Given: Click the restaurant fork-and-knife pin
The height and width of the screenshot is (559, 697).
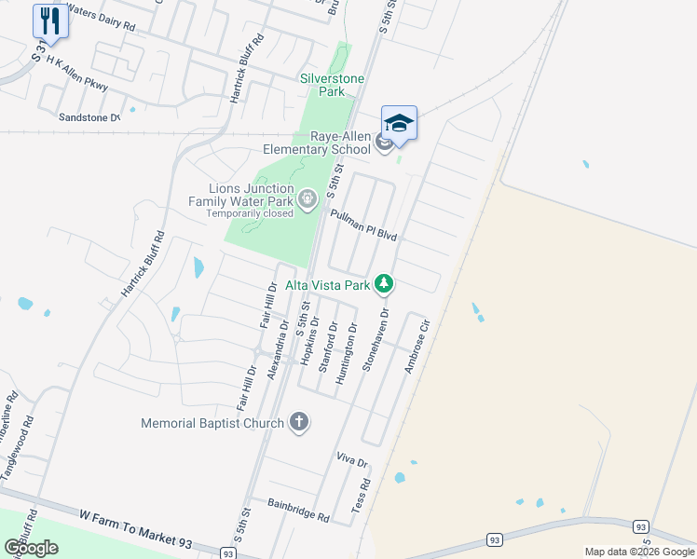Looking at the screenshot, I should click(50, 21).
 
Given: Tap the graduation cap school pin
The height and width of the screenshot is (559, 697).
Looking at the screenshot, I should click(399, 124).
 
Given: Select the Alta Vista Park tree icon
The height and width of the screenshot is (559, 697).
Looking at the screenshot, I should click(384, 284).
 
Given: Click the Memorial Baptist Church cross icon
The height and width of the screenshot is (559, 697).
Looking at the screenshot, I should click(298, 423).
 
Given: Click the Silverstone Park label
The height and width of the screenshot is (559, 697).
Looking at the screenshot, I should click(332, 86).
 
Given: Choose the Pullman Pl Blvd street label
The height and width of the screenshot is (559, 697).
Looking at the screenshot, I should click(364, 225).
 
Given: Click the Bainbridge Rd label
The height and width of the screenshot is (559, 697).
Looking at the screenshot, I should click(297, 511).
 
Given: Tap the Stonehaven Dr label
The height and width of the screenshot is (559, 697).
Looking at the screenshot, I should click(376, 341).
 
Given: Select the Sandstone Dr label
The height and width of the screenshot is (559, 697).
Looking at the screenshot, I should click(89, 117).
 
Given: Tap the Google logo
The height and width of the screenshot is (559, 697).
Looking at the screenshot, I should click(31, 548).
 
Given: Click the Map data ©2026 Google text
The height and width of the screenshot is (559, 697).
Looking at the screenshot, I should click(639, 552).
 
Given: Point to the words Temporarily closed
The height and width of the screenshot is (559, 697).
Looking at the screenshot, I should click(250, 213).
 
